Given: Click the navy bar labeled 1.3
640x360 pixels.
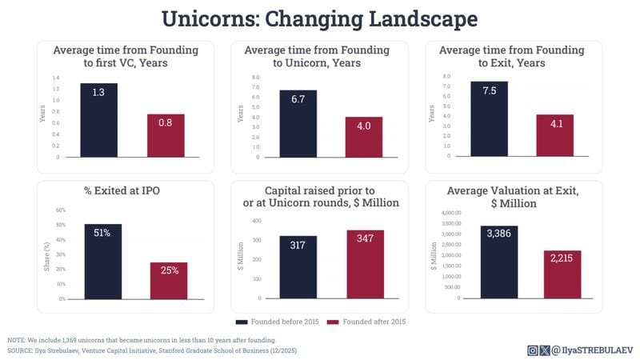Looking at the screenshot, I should point(99,120).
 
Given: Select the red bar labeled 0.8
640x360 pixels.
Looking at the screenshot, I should point(166,136).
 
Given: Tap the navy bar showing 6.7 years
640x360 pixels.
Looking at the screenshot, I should point(298,123).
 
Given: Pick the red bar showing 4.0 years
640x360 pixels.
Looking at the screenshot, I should point(363,137).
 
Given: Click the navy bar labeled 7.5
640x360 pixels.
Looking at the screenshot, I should point(489,119).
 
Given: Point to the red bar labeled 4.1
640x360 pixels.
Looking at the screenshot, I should point(554,136).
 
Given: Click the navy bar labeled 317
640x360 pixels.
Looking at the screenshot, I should point(298,266).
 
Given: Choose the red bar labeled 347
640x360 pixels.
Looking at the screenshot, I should point(366,264).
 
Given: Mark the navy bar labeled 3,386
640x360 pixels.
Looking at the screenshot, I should point(499,262).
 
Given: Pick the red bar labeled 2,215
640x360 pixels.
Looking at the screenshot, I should point(562,274).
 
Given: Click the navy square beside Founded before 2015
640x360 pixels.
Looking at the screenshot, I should point(240,321).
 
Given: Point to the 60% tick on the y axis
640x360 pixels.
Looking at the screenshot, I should point(60,210).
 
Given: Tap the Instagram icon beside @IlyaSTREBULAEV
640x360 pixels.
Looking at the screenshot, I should point(533,350).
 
